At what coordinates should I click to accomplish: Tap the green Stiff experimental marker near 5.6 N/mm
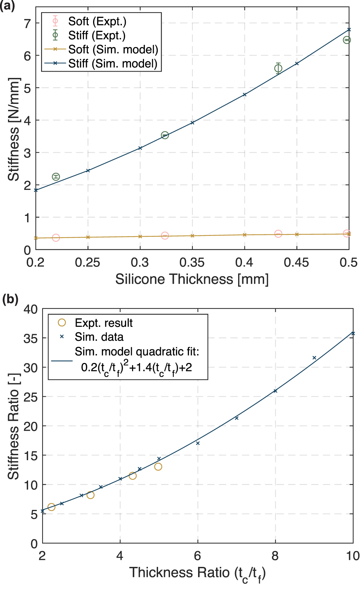click(x=278, y=68)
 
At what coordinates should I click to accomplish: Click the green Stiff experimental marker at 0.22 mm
click(x=56, y=177)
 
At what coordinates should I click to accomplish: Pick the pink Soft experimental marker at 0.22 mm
click(x=56, y=238)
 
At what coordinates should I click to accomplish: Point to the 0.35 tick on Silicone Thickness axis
click(x=192, y=262)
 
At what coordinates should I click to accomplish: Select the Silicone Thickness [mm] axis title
click(x=192, y=279)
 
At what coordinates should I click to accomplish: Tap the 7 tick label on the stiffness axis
click(x=27, y=24)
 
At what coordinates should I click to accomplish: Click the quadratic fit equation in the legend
click(x=137, y=367)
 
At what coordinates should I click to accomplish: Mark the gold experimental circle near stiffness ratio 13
click(x=158, y=466)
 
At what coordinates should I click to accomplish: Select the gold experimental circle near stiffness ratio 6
click(x=51, y=507)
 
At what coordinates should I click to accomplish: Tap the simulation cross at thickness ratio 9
click(x=314, y=358)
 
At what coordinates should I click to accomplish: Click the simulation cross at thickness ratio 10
click(x=353, y=333)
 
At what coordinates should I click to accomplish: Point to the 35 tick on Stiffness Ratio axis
click(x=31, y=339)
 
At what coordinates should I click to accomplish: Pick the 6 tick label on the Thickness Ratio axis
click(x=197, y=556)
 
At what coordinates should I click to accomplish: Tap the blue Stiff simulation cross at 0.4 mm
click(x=244, y=94)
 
